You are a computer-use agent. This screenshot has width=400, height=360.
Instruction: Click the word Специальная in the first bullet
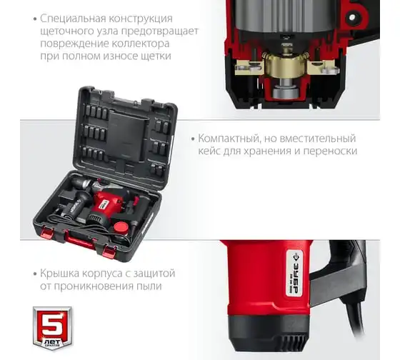coord(73,19)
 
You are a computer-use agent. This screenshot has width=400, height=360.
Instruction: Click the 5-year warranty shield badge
coord(52,328)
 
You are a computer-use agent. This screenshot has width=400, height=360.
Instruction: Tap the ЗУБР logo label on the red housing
coord(294,273)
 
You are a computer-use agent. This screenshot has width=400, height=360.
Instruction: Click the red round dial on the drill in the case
coord(121,227)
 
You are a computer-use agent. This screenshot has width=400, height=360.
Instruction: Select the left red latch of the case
coord(47,232)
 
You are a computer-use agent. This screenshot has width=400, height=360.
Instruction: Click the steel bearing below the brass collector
coord(285,93)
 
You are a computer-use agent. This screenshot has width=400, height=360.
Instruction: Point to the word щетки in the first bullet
coord(156,56)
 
